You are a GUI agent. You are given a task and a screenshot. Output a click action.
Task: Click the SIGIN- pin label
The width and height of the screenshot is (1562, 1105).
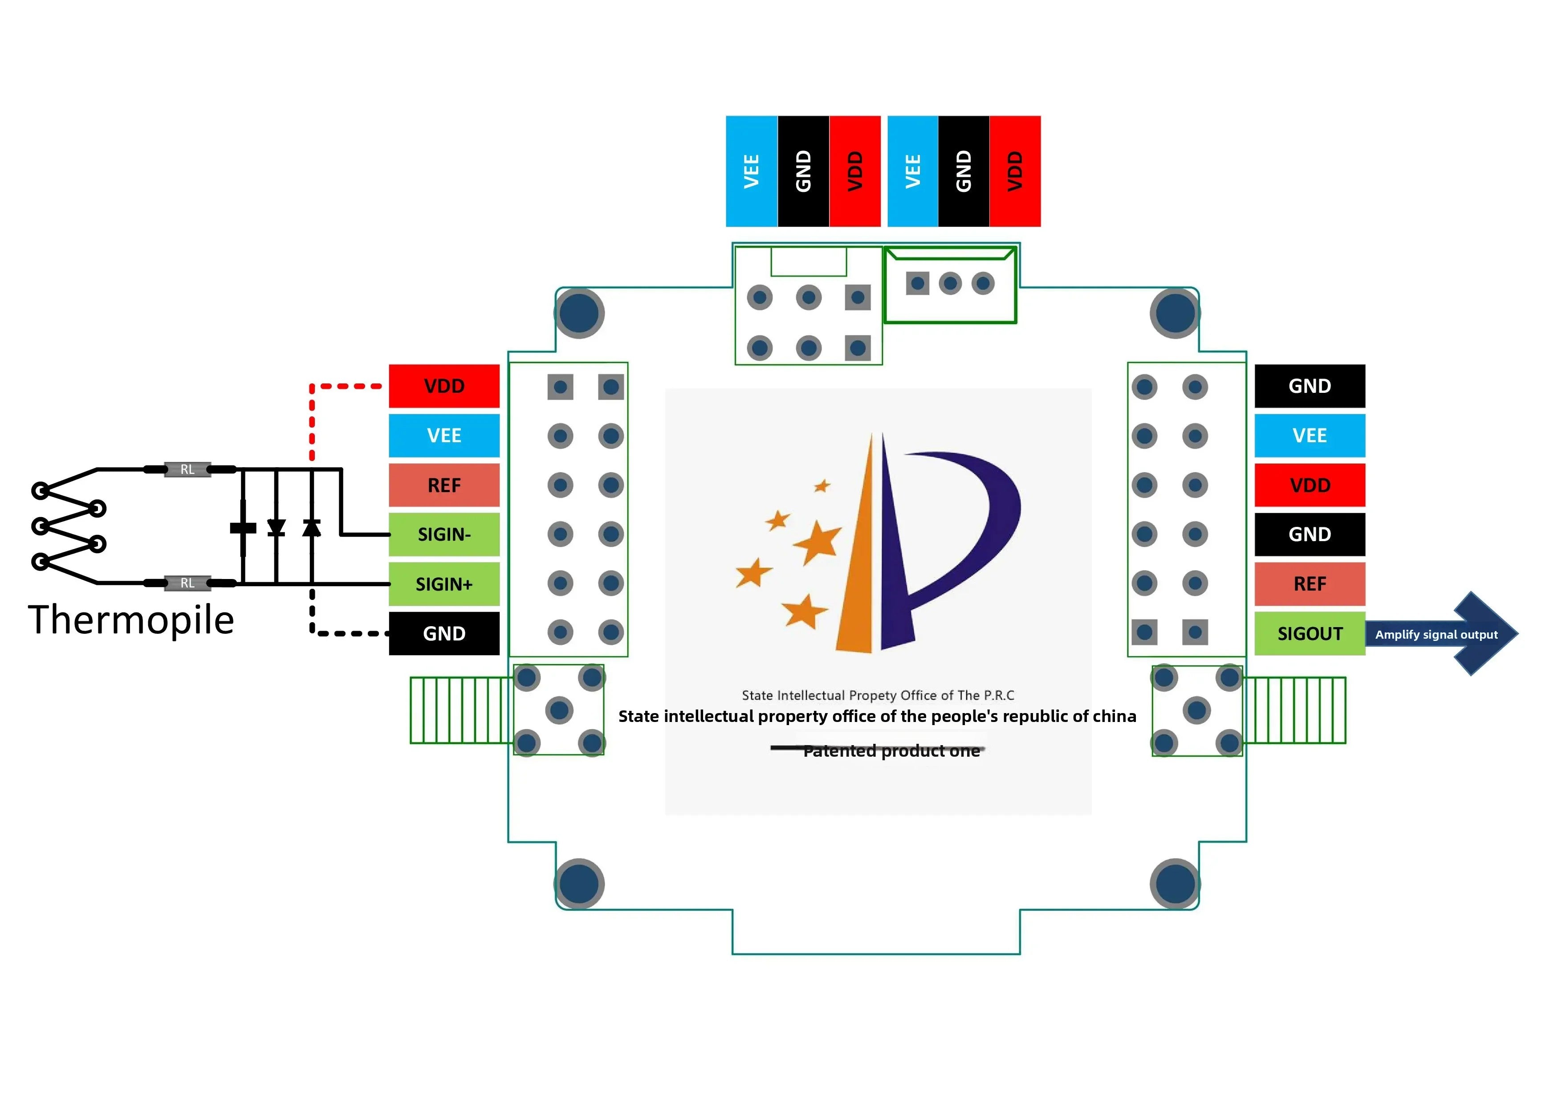pyautogui.click(x=444, y=535)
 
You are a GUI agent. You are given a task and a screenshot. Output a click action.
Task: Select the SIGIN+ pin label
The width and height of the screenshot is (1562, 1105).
pyautogui.click(x=444, y=584)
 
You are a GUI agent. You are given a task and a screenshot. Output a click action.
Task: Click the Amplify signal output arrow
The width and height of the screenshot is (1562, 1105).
pyautogui.click(x=1442, y=634)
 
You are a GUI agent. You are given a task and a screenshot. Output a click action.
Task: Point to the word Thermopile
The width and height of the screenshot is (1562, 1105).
pyautogui.click(x=131, y=620)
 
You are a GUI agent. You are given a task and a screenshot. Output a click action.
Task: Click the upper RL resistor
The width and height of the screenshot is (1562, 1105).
pyautogui.click(x=188, y=469)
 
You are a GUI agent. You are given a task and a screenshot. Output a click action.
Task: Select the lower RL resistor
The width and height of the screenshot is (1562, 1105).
pyautogui.click(x=188, y=583)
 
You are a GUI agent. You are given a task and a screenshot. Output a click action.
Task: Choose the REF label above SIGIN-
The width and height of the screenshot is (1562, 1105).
pyautogui.click(x=444, y=485)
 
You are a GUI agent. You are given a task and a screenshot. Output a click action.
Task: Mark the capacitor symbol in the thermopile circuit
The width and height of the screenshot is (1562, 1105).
pyautogui.click(x=243, y=528)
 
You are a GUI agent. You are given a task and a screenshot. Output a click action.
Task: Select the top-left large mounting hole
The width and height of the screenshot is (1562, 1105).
pyautogui.click(x=580, y=314)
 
